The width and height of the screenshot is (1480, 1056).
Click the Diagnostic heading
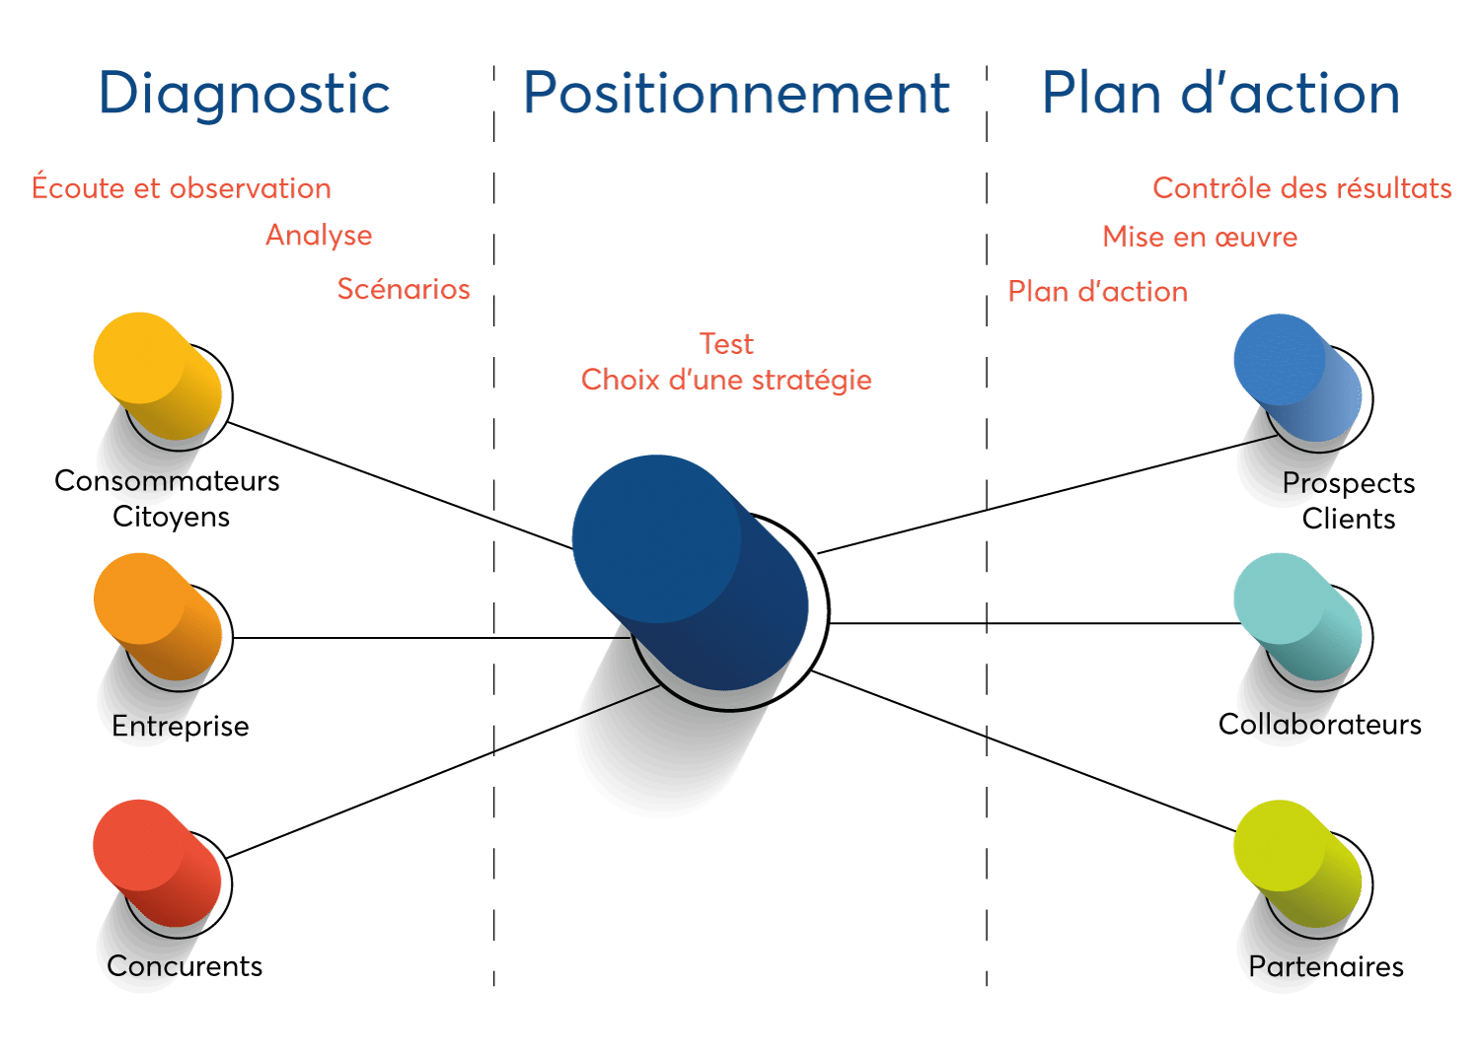coord(245,95)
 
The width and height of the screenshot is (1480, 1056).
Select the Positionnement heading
coord(736,95)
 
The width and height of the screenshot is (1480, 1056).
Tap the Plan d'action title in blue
coord(1221,95)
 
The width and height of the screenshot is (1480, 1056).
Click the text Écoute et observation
coord(182,187)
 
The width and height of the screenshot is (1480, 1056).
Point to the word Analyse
coord(320,236)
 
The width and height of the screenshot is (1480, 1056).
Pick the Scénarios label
coord(404,289)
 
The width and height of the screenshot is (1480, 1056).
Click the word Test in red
coord(726,344)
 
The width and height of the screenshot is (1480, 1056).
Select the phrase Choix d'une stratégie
coord(726,380)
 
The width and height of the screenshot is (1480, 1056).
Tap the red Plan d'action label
coord(1097,292)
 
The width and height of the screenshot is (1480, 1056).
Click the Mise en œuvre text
coord(1200,237)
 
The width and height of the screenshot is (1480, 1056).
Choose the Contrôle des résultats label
coord(1301,187)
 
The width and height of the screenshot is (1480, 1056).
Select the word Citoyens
coord(171,517)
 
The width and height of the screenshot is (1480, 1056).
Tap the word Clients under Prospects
coord(1348,519)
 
